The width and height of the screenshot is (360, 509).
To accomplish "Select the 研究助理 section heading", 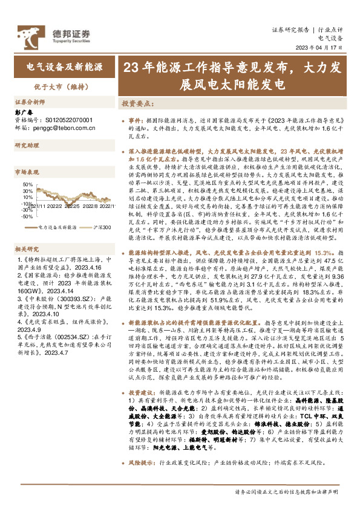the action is tap(27, 146).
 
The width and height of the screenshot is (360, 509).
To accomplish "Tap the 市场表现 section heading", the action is tap(27, 172).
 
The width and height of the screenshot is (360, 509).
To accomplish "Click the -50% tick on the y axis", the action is tap(27, 216).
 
